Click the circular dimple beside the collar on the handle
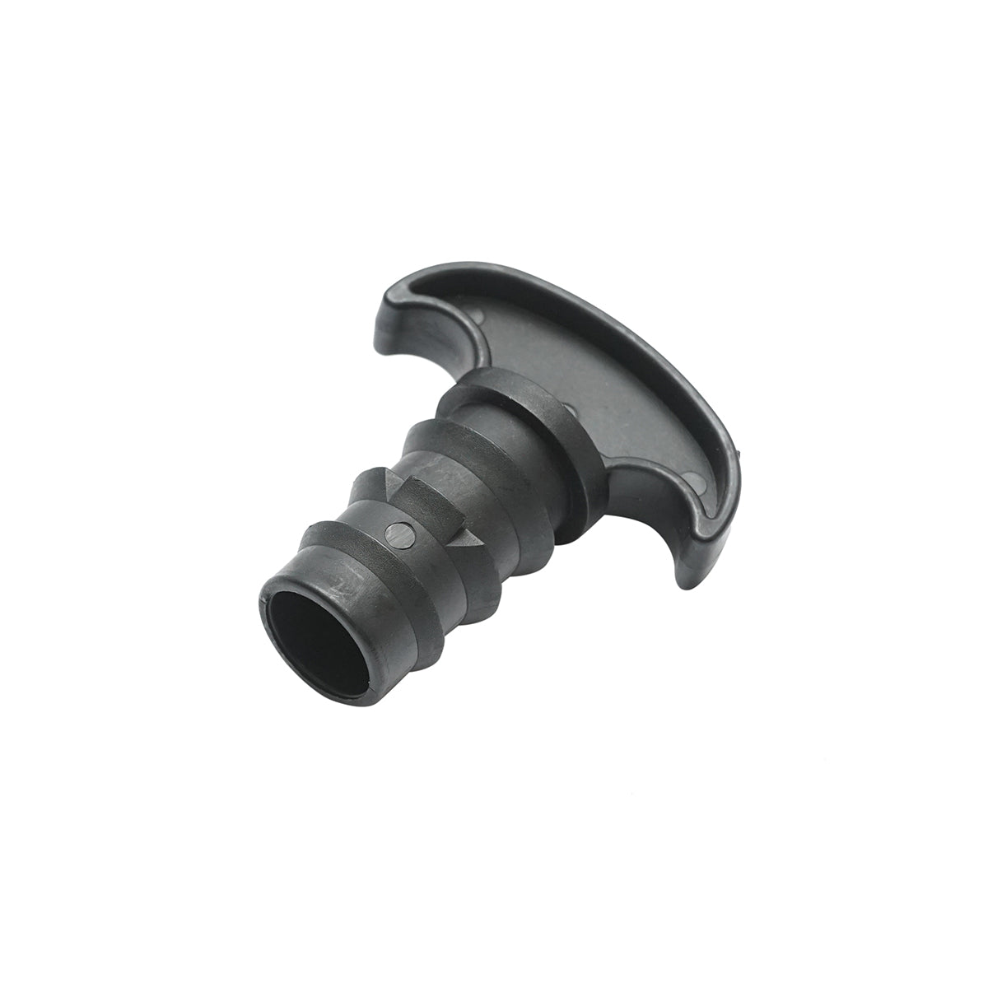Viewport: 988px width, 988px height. [x=570, y=406]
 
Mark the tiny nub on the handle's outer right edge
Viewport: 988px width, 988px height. [x=739, y=452]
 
